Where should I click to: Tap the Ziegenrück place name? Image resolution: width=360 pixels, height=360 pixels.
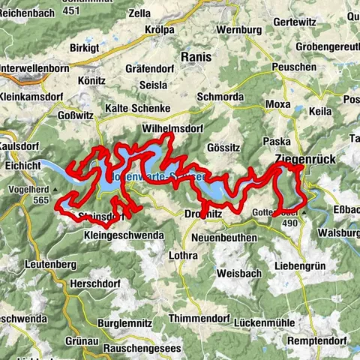pyautogui.click(x=310, y=159)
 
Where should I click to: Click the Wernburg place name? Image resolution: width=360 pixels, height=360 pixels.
pyautogui.click(x=238, y=31)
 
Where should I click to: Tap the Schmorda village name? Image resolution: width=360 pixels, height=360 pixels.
pyautogui.click(x=220, y=97)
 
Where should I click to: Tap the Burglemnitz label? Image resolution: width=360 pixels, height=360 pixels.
pyautogui.click(x=126, y=324)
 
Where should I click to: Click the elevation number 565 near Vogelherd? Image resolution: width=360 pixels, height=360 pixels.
pyautogui.click(x=40, y=200)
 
